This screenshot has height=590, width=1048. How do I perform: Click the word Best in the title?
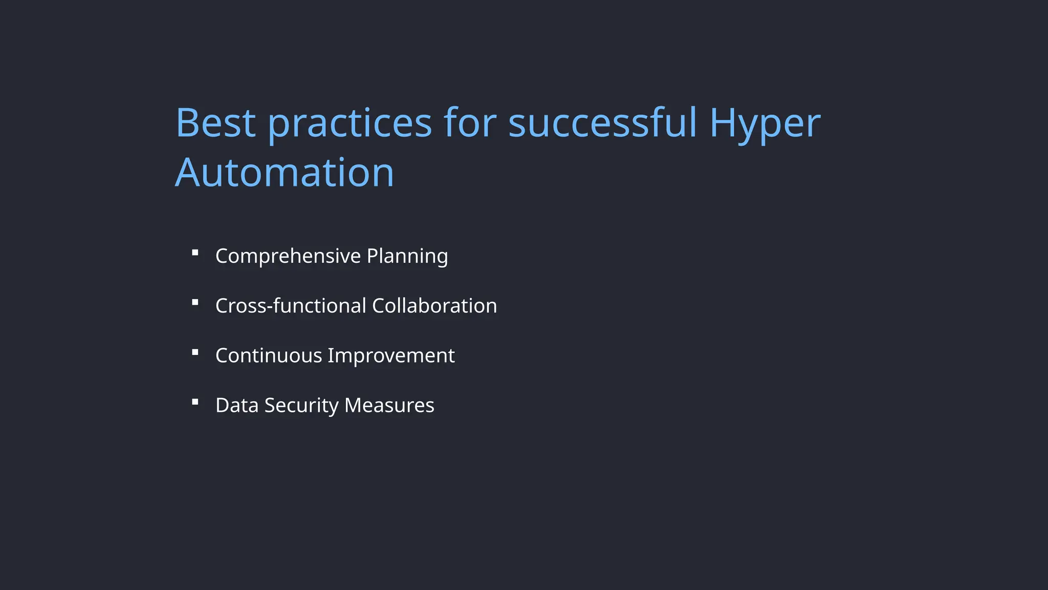pos(215,123)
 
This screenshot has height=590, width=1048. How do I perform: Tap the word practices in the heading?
pos(350,124)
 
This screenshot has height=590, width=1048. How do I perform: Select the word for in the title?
pos(470,123)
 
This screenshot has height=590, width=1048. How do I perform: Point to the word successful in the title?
pos(602,123)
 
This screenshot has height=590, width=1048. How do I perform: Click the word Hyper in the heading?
pos(765,124)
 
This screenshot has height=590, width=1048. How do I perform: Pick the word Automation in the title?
pos(285,173)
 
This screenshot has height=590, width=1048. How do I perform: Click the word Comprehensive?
pos(288,256)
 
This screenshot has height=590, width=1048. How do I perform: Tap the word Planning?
pos(407,256)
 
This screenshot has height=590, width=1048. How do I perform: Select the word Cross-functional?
pos(291,306)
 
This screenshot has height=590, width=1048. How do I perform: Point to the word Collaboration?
pos(434,306)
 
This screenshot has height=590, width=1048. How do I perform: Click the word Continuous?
pos(269,355)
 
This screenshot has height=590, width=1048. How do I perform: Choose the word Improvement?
pos(391,355)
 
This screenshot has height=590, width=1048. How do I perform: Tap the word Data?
pos(237,405)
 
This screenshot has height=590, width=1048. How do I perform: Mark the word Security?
pos(301,405)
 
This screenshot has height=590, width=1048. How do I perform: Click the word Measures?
pos(389,405)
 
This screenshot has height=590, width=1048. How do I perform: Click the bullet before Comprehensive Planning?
pos(195,252)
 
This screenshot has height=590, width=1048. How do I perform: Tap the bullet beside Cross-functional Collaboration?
pos(195,302)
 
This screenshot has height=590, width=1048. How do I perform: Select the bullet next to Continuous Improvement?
pos(195,352)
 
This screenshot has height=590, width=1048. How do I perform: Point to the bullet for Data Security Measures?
pos(195,402)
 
